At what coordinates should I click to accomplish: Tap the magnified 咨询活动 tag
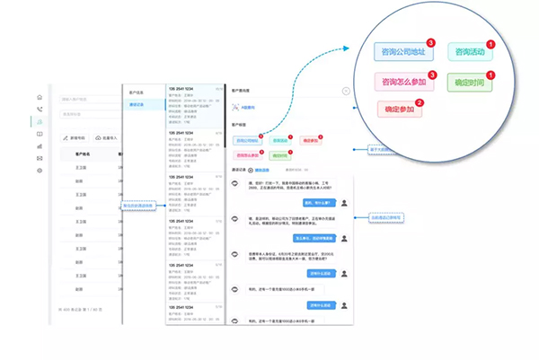pyautogui.click(x=471, y=52)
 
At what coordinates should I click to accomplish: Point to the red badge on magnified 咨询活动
pyautogui.click(x=490, y=43)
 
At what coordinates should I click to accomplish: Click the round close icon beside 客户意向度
pyautogui.click(x=346, y=92)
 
